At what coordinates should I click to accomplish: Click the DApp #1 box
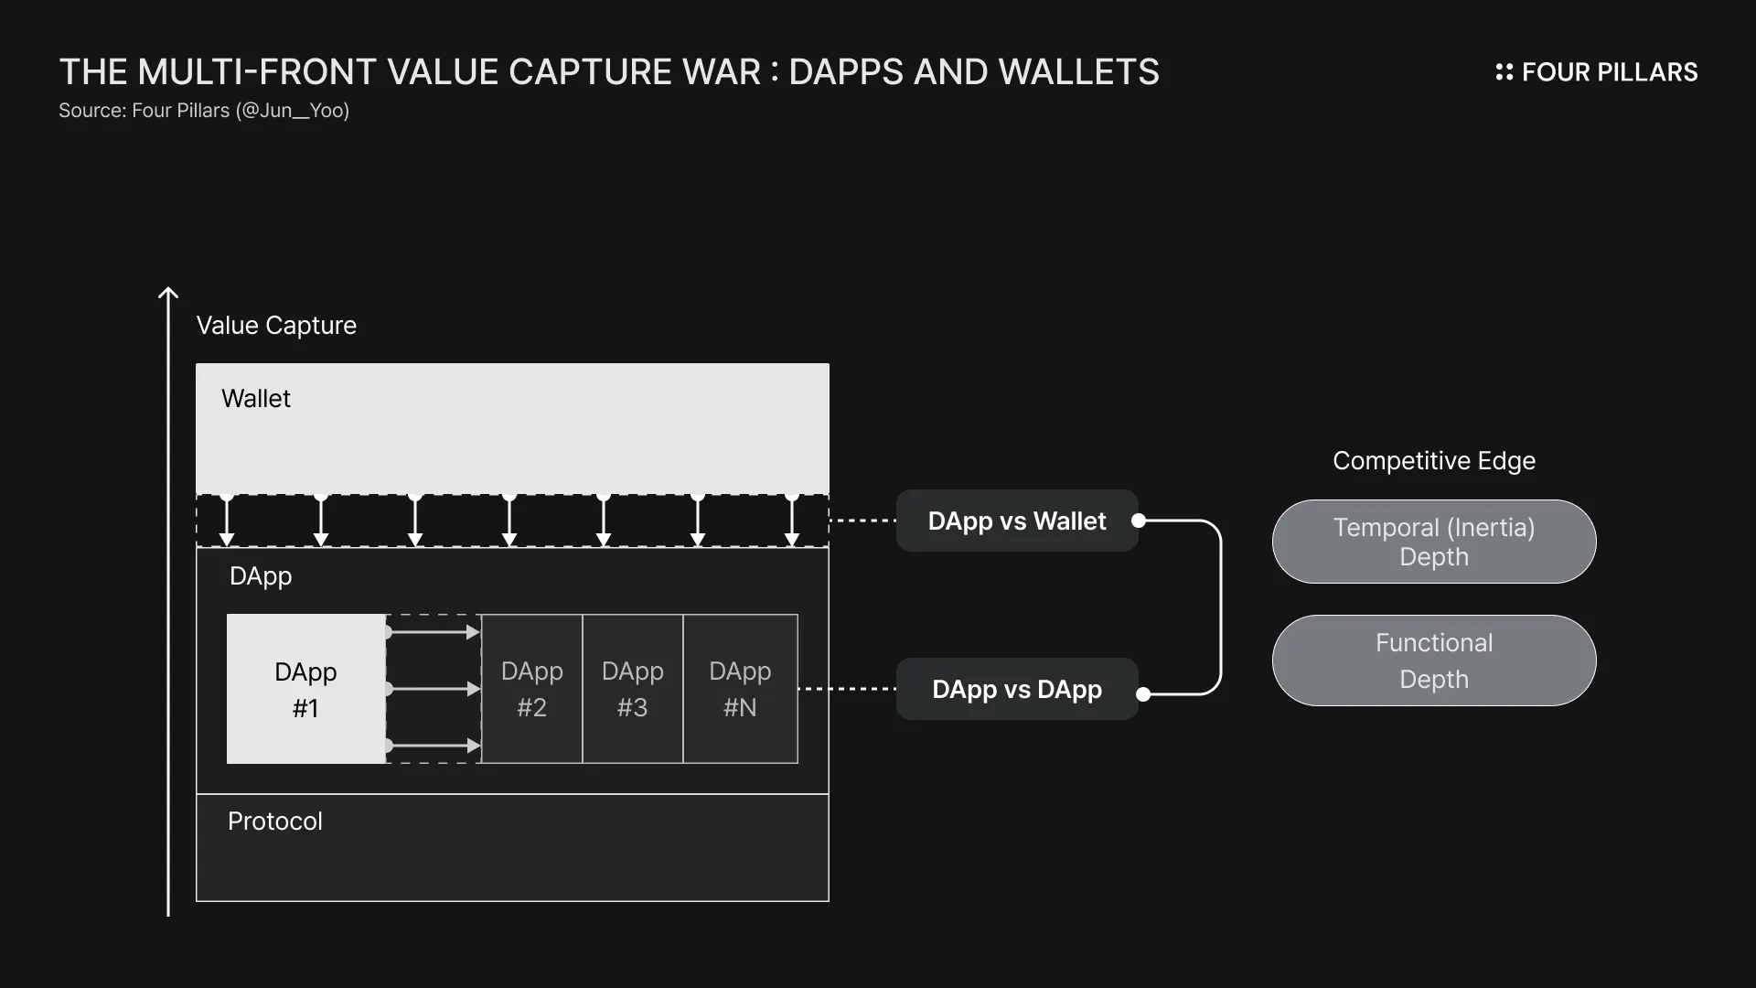305,689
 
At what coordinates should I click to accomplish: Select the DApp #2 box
531,689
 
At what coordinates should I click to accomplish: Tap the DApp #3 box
632,689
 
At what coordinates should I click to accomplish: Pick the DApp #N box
740,689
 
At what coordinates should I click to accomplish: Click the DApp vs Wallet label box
1016,521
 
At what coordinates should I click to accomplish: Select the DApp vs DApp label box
1016,689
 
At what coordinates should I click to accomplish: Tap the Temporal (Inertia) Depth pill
1433,542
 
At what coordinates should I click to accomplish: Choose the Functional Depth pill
1433,660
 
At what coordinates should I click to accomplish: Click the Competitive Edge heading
1433,460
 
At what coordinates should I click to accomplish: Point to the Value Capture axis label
276,325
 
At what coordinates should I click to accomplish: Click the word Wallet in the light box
256,399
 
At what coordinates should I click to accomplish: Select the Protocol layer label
274,822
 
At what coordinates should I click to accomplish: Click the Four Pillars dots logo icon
1504,72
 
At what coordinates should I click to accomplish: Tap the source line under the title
204,111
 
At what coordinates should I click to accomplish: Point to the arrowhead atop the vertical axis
168,294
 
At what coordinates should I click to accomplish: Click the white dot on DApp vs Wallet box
1139,521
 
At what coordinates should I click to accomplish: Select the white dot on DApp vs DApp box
1142,694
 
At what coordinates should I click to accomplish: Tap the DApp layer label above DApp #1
261,576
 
